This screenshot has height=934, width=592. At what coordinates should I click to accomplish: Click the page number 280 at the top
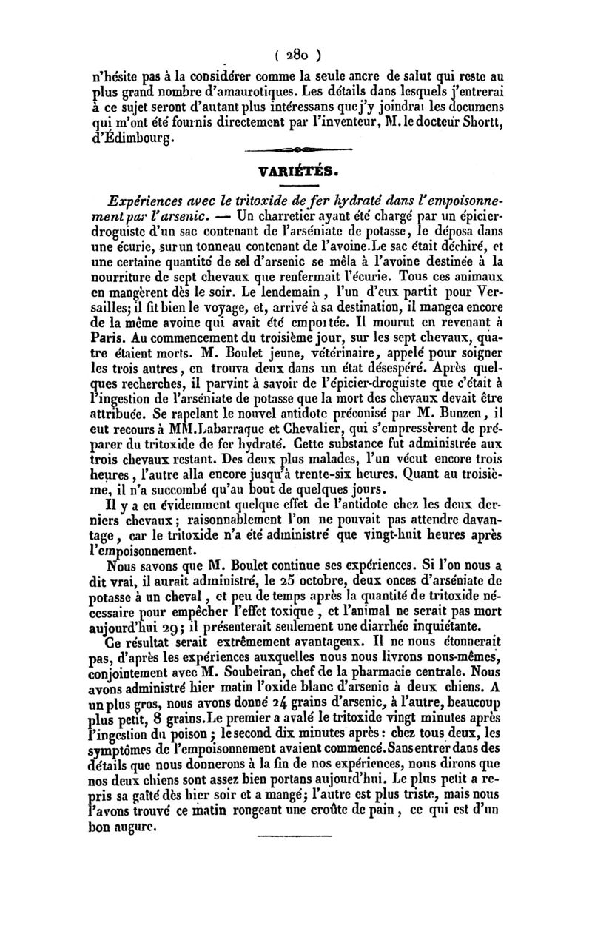pyautogui.click(x=296, y=55)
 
